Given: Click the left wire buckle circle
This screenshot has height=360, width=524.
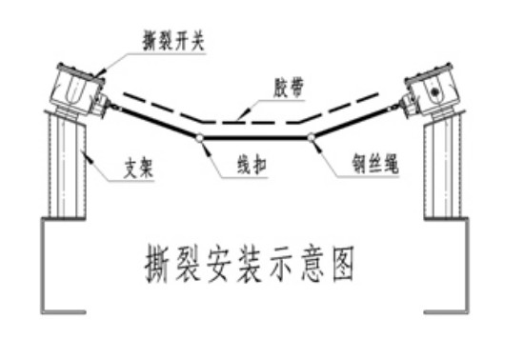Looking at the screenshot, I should pos(198,139).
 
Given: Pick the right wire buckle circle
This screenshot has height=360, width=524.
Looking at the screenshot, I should pos(312,139).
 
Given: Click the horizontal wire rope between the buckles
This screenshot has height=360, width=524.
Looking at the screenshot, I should pos(254,139).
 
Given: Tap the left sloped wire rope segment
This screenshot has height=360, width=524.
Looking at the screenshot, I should pos(152,125).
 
